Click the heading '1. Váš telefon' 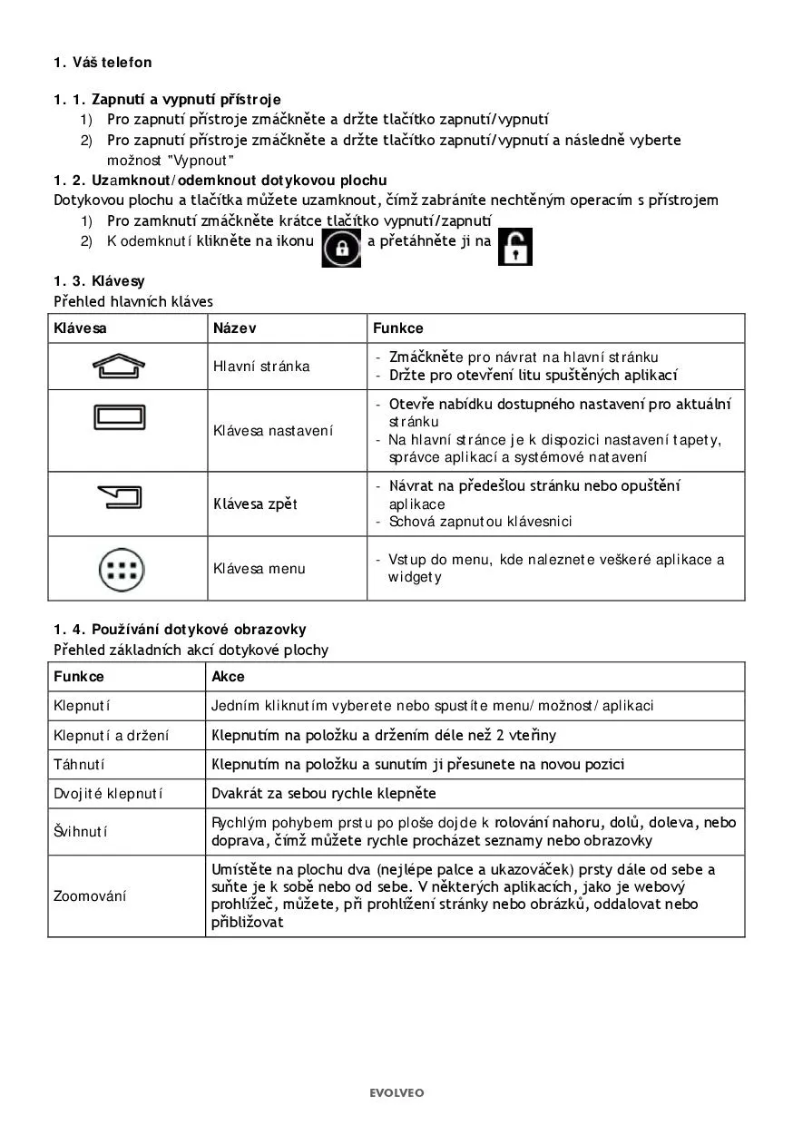point(103,63)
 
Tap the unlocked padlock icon point(515,247)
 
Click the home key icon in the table point(119,366)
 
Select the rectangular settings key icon point(119,418)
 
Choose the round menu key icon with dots point(120,569)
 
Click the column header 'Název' point(234,328)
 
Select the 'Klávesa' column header point(80,328)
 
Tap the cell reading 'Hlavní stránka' point(261,367)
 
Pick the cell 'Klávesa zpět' point(255,504)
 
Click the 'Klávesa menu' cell point(259,569)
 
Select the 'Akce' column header point(228,677)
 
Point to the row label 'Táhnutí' point(79,765)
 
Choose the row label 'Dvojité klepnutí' point(108,794)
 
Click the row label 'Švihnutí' point(82,832)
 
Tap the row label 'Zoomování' point(90,896)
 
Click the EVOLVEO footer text point(396,1093)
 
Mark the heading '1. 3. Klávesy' point(99,281)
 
